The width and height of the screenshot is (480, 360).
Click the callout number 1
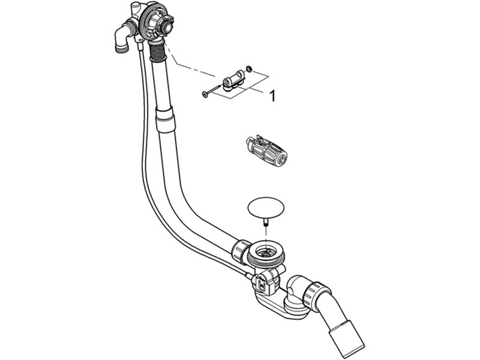[272, 96]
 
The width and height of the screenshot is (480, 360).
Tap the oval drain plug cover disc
[266, 207]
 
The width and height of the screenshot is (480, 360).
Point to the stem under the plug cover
[266, 221]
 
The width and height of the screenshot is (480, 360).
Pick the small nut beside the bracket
[250, 68]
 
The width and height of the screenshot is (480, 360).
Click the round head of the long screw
[204, 94]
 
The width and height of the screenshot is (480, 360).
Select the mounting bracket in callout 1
[234, 81]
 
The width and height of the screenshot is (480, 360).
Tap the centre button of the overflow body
[168, 26]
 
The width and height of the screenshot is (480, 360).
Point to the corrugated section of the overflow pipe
[158, 53]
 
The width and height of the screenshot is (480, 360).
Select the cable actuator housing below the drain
[264, 281]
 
